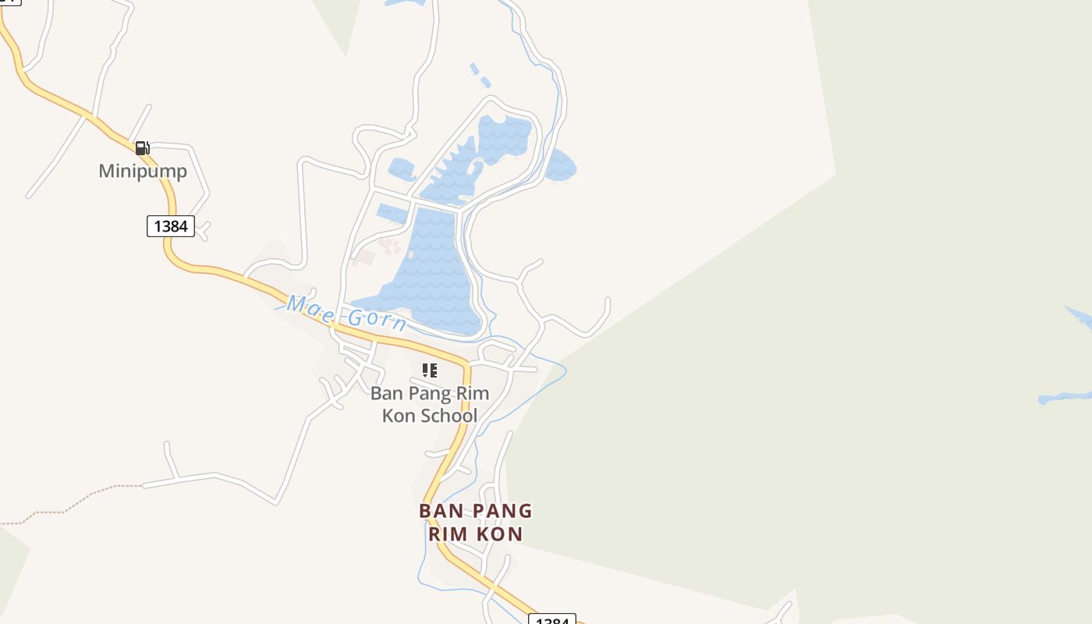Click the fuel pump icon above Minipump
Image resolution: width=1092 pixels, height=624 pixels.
[142, 147]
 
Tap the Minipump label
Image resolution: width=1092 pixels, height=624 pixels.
[143, 171]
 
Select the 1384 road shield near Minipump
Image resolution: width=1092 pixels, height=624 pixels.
[171, 226]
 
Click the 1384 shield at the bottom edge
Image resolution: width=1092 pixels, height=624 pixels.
[552, 620]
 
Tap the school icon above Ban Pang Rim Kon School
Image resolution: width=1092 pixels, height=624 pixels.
[430, 370]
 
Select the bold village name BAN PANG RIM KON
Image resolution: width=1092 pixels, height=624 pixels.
[475, 523]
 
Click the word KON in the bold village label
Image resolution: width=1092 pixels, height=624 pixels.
[498, 534]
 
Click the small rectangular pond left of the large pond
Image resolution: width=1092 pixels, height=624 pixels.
[392, 213]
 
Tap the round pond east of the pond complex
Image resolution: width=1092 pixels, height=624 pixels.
[560, 165]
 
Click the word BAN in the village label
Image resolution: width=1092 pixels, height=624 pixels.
[436, 511]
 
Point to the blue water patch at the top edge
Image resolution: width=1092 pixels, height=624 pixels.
[406, 2]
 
